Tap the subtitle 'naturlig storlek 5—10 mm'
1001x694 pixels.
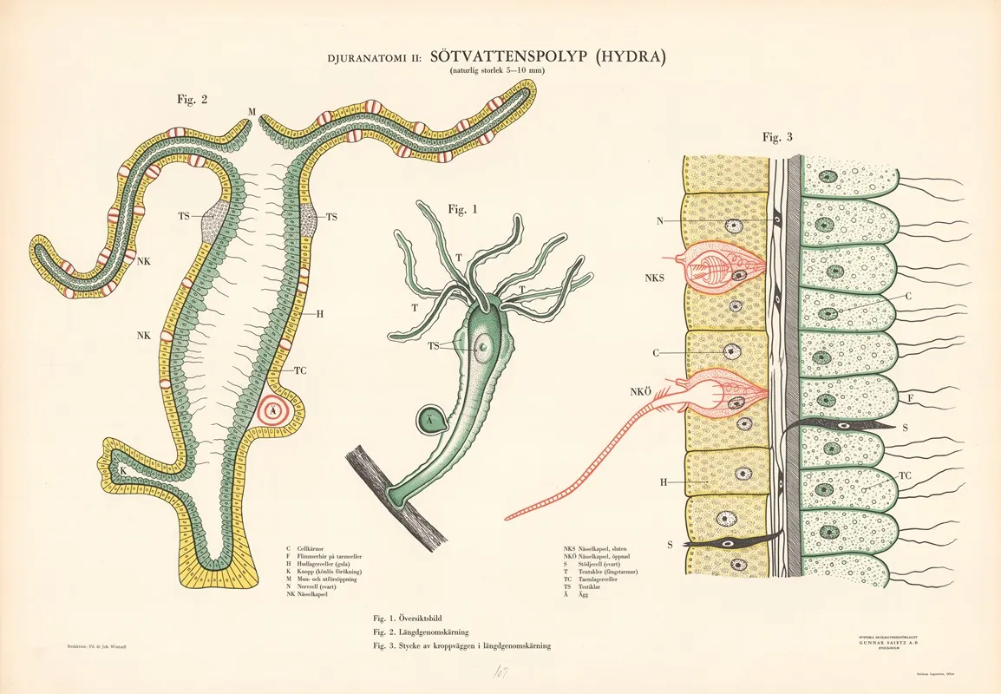click(497, 71)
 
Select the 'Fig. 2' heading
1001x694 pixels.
click(192, 99)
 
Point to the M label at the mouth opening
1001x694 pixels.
click(251, 112)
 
